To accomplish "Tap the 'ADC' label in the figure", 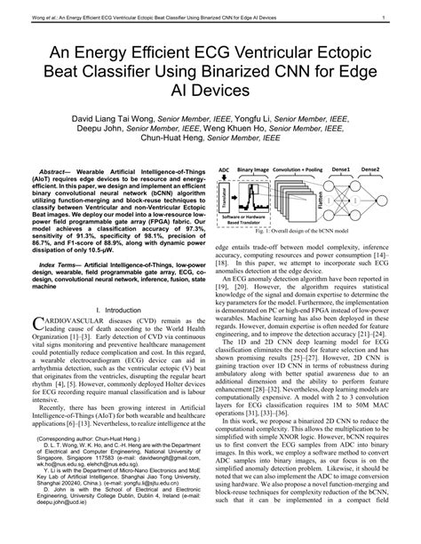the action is (x=224, y=169).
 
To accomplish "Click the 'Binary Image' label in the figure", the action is (x=253, y=169).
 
